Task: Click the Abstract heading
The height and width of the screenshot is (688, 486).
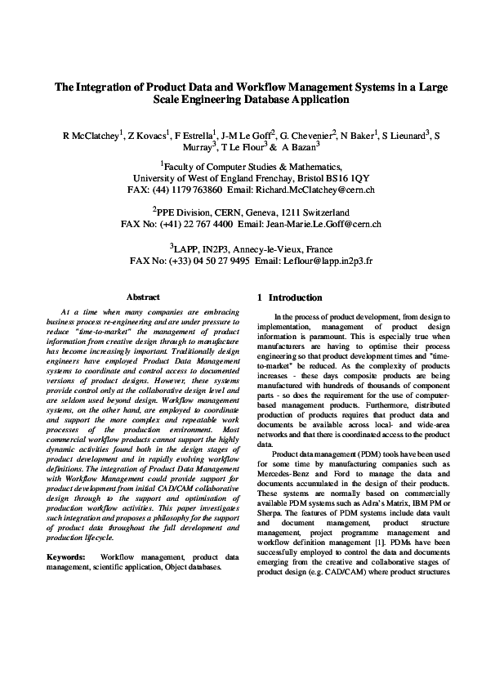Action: coord(144,297)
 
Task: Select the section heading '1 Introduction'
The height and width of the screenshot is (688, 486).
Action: coord(289,298)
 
